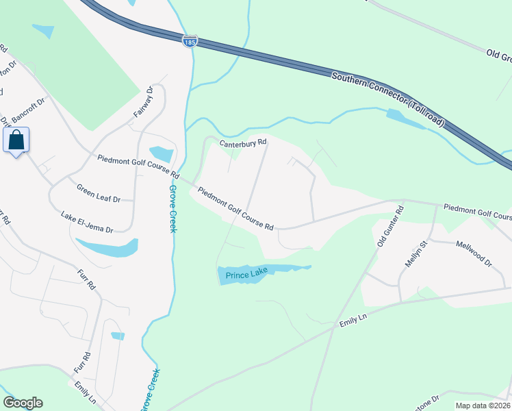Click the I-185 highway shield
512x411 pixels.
(189, 42)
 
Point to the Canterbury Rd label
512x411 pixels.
(243, 143)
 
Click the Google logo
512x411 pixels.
(23, 403)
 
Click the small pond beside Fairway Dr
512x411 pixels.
(161, 154)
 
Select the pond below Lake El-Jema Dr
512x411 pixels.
(107, 247)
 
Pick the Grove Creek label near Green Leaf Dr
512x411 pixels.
(172, 208)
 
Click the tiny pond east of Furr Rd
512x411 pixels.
(118, 336)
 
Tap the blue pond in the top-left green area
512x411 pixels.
(43, 31)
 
